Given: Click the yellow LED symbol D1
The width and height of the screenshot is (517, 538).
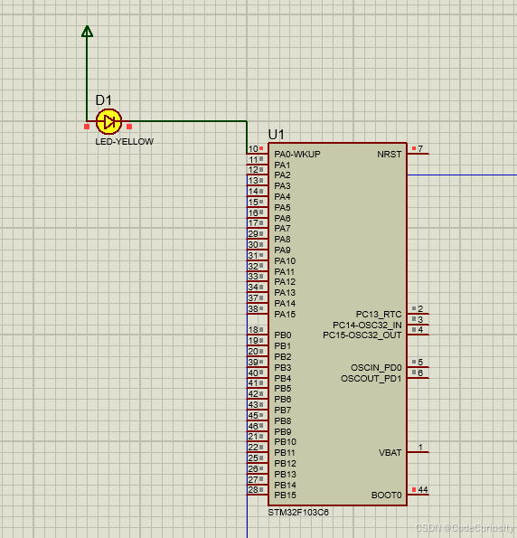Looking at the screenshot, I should pyautogui.click(x=108, y=121).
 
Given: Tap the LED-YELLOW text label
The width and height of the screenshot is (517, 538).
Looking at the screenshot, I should pyautogui.click(x=125, y=142).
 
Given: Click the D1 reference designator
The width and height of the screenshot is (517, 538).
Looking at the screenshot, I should pyautogui.click(x=103, y=100).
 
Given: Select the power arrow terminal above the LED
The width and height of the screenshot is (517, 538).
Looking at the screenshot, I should pyautogui.click(x=87, y=32).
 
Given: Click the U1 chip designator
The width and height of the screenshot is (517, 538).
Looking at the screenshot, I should pyautogui.click(x=277, y=135).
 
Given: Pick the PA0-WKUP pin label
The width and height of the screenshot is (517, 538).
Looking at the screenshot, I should pyautogui.click(x=297, y=154).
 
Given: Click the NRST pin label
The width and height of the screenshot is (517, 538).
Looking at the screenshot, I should pyautogui.click(x=390, y=154).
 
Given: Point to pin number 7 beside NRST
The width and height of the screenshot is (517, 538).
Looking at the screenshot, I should pyautogui.click(x=420, y=148).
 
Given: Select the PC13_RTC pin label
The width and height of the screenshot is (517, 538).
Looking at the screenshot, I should pyautogui.click(x=379, y=315).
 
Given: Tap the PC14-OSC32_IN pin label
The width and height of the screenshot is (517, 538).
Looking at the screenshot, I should pyautogui.click(x=367, y=325).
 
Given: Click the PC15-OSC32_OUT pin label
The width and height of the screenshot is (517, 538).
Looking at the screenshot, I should pyautogui.click(x=362, y=335).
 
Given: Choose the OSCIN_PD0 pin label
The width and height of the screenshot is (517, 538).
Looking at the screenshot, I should pyautogui.click(x=376, y=368).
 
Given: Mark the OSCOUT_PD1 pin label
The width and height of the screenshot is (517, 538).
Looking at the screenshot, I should pyautogui.click(x=371, y=378).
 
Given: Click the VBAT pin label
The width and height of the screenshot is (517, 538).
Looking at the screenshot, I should pyautogui.click(x=390, y=453).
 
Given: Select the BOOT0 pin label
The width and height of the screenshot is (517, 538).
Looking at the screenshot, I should pyautogui.click(x=387, y=496).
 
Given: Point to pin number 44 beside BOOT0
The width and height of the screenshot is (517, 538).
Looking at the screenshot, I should pyautogui.click(x=422, y=490).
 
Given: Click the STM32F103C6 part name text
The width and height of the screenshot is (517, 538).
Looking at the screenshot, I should pyautogui.click(x=298, y=513).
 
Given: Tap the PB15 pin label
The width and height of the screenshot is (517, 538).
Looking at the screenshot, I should pyautogui.click(x=285, y=496).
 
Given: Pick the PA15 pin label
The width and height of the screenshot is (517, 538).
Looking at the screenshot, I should pyautogui.click(x=285, y=314).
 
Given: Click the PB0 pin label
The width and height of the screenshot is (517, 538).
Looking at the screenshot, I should pyautogui.click(x=282, y=335).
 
